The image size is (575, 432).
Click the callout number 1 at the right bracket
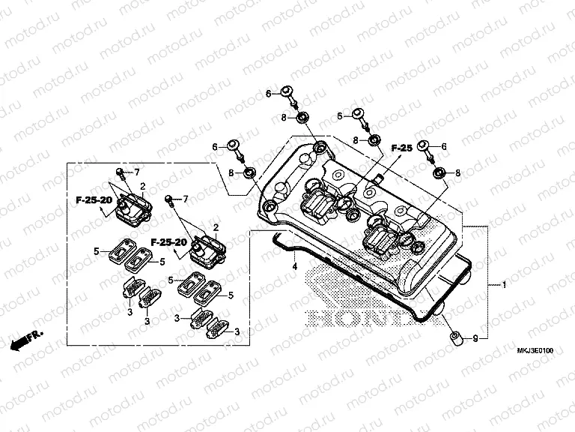[504, 286]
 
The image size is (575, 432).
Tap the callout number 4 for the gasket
[295, 266]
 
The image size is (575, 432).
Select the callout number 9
[473, 340]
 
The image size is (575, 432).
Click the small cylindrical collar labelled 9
[454, 338]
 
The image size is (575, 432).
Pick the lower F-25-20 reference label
[168, 242]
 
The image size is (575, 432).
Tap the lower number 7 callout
[186, 199]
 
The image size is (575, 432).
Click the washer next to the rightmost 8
[439, 172]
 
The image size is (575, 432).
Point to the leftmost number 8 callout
[231, 174]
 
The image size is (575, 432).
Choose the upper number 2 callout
[142, 184]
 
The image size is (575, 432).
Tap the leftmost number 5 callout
[97, 250]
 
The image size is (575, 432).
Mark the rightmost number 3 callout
[237, 331]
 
